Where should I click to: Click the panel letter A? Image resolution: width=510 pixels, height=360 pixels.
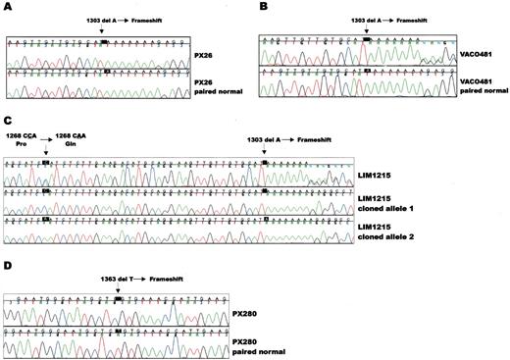[x=7, y=7]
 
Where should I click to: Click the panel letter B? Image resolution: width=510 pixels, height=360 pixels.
[x=262, y=7]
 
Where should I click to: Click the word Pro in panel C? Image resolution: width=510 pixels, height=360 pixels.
[x=19, y=143]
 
